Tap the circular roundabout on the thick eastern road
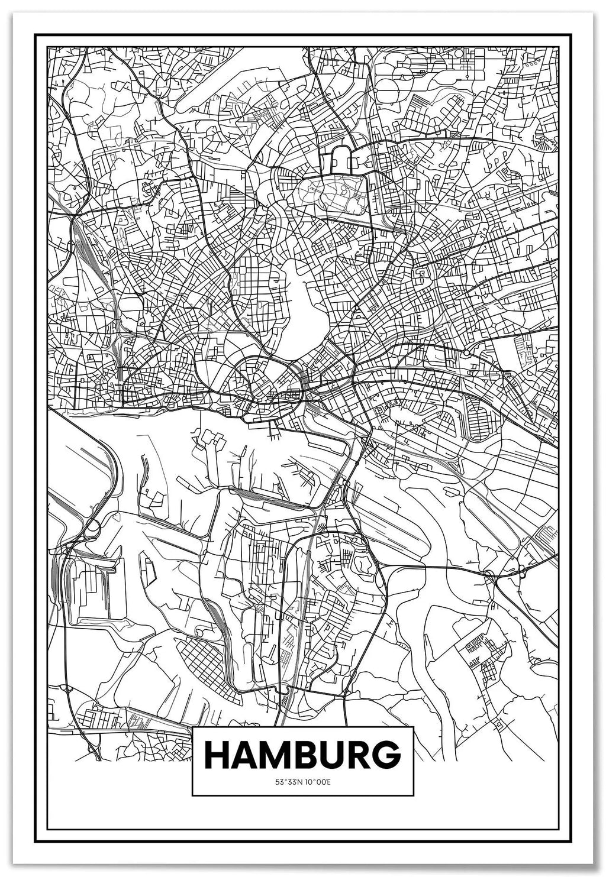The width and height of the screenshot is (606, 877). click(466, 353)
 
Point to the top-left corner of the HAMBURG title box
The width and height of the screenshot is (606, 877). click(193, 727)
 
